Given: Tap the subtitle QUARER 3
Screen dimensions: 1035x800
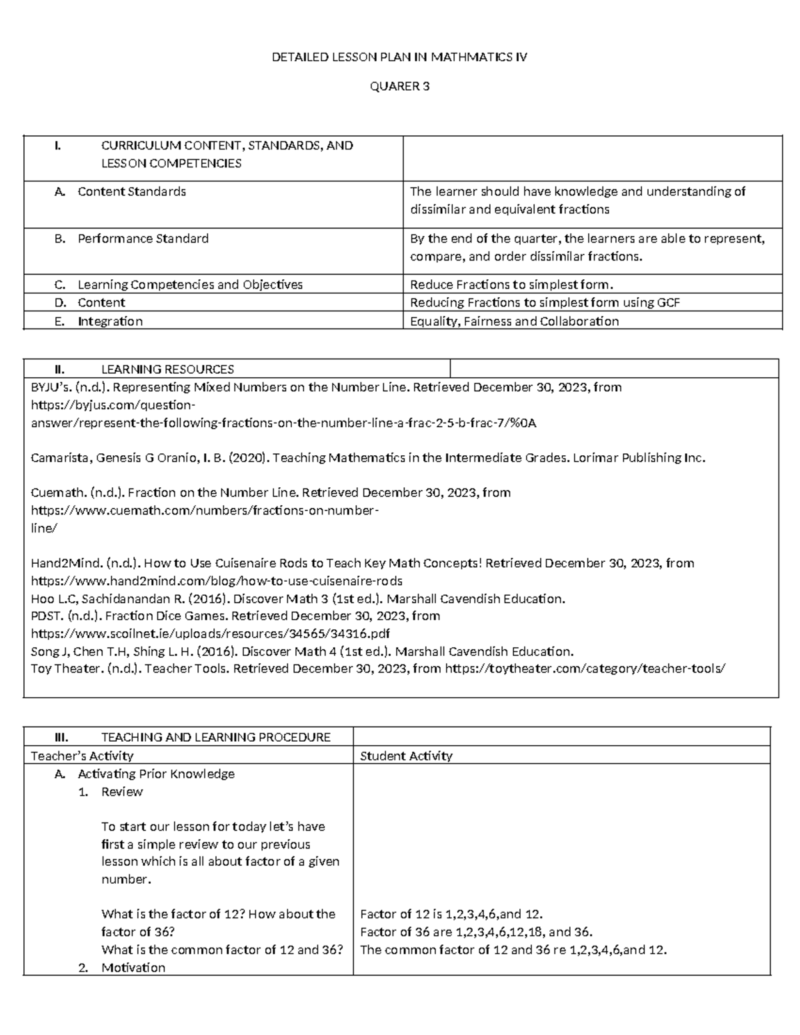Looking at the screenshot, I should coord(399,87).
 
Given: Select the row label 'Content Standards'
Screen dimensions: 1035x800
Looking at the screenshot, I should coord(131,192).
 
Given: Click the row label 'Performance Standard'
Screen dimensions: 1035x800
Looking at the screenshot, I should coord(143,239).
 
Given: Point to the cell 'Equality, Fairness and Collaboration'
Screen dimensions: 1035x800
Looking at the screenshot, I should coord(514,321).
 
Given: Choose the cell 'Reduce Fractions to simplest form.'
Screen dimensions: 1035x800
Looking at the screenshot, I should coord(511,285).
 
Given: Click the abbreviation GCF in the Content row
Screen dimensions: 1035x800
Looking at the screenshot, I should coord(668,303).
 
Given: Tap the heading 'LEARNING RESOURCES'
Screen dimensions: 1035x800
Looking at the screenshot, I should coord(167,369).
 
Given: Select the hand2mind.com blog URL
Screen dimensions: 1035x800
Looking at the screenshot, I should coord(217,580).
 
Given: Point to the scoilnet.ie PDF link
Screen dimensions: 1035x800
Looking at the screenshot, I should coord(211,633).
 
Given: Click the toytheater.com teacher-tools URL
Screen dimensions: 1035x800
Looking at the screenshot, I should coord(585,668).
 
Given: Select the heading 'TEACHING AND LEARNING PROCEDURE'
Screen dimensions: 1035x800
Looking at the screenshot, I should coord(215,737).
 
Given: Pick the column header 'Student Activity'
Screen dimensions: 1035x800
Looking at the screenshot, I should coord(406,756).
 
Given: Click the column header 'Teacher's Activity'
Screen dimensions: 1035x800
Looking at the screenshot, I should coord(82,756).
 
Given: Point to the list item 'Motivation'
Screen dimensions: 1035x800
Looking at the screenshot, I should coord(133,968).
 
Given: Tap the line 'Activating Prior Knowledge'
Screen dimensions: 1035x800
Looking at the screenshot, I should coord(156,774).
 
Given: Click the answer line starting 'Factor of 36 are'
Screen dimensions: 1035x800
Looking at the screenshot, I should coord(476,932).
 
